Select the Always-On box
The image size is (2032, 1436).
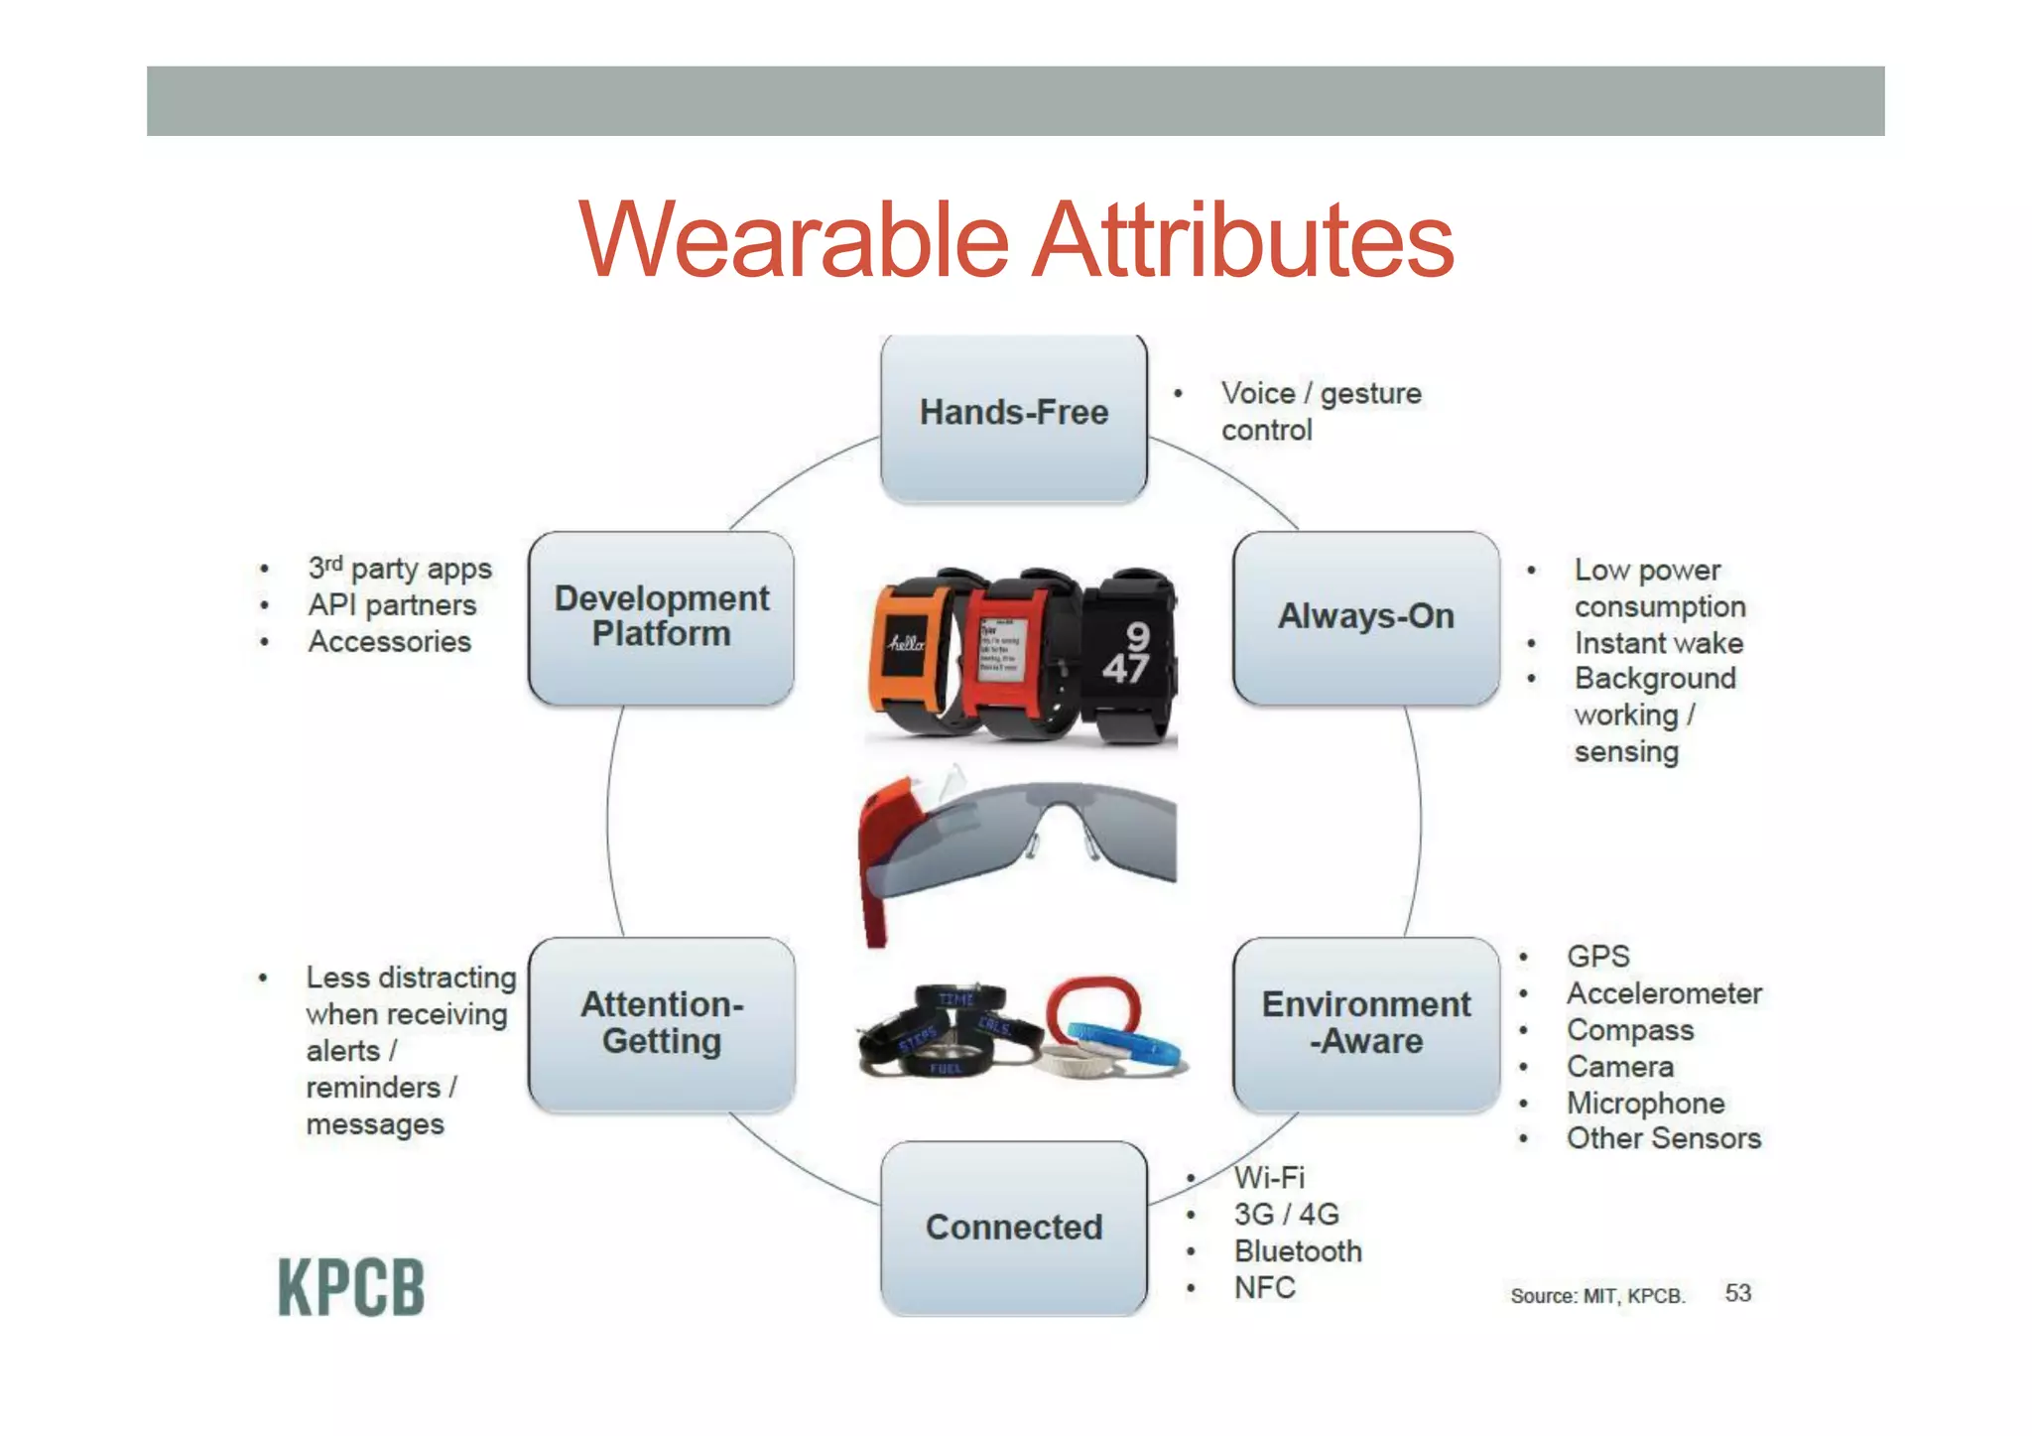(x=1365, y=617)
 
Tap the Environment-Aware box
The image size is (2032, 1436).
(x=1365, y=1023)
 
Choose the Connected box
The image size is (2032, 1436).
(x=1013, y=1228)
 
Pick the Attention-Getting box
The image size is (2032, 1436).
(x=661, y=1023)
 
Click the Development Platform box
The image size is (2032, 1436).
(x=661, y=617)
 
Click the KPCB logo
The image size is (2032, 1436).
(x=351, y=1287)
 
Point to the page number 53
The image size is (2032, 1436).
(x=1737, y=1293)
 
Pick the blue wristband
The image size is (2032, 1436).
(x=1136, y=1047)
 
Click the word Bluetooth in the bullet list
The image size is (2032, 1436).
(x=1297, y=1251)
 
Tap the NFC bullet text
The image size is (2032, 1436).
(x=1264, y=1288)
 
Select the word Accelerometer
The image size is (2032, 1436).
(x=1664, y=993)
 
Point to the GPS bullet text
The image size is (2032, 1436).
(x=1597, y=957)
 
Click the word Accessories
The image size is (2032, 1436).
(x=389, y=642)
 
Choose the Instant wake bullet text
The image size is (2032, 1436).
(x=1658, y=643)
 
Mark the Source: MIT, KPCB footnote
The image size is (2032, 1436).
(x=1597, y=1296)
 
